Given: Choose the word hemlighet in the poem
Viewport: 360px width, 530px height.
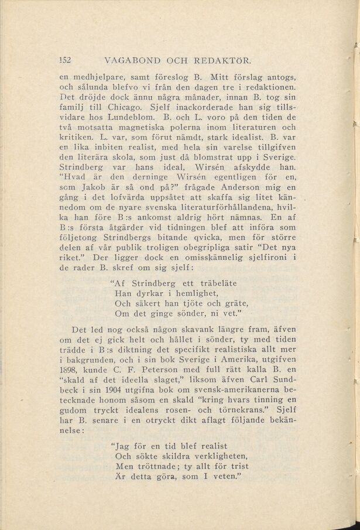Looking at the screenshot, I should coord(192,293).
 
